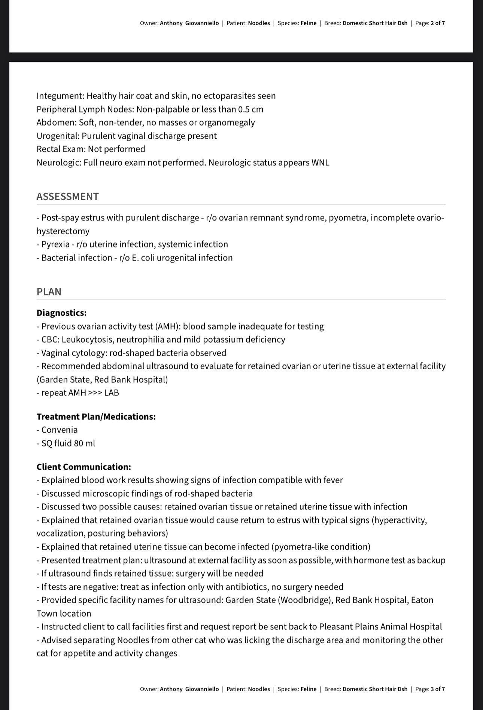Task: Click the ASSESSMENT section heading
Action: [x=68, y=196]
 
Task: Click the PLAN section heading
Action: [x=49, y=292]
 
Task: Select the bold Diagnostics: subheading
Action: [x=61, y=313]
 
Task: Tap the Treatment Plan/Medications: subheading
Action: [x=96, y=416]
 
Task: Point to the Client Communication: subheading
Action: [x=84, y=467]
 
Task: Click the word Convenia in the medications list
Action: [x=60, y=430]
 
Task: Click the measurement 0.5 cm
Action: [x=251, y=109]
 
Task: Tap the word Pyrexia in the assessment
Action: [x=55, y=244]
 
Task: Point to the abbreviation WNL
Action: [x=320, y=162]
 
